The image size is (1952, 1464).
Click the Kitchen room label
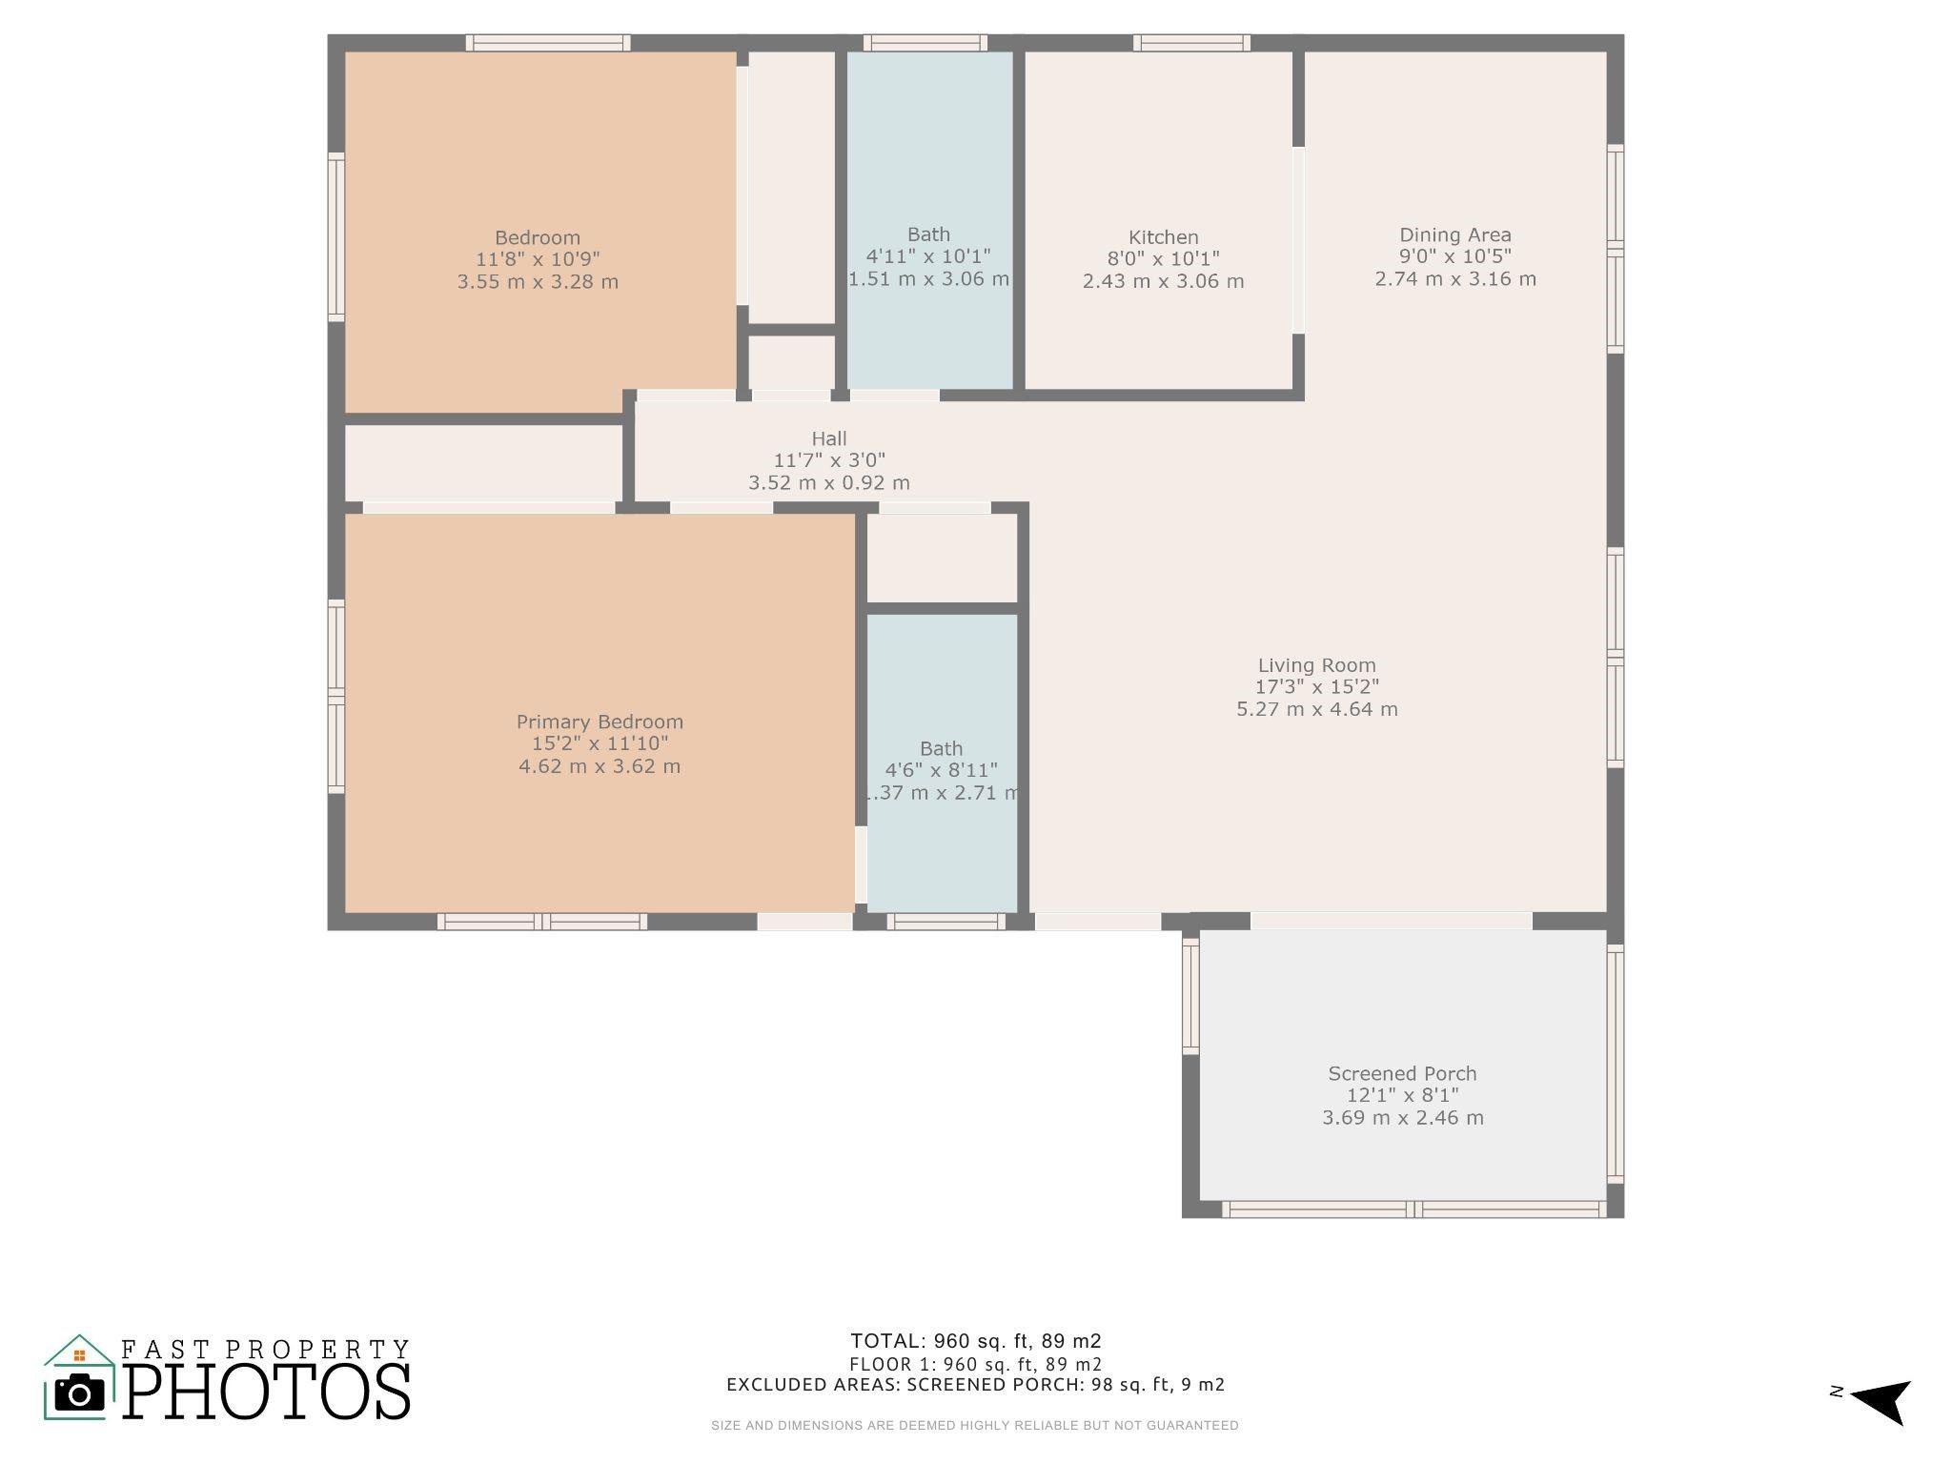pos(1163,237)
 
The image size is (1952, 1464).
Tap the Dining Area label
pos(1455,235)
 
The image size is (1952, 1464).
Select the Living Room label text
pos(1317,665)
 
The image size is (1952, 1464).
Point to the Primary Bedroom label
pos(600,722)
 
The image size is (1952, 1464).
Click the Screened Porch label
pos(1402,1073)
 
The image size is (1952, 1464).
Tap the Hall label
pos(829,438)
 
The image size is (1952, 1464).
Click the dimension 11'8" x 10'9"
pos(538,259)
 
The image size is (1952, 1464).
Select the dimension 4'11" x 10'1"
pos(928,256)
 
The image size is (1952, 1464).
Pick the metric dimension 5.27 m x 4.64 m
pos(1317,709)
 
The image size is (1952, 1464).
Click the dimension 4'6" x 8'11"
pos(942,770)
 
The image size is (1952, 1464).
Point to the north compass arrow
pos(1881,1400)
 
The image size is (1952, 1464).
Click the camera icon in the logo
pos(80,1393)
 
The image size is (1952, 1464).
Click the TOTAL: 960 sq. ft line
pos(976,1341)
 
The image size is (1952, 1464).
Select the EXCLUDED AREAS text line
pos(976,1384)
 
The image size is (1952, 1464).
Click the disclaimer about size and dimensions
pos(975,1426)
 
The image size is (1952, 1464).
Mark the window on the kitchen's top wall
pos(1191,43)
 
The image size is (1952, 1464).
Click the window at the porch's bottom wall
pos(1413,1210)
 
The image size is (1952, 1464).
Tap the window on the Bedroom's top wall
pos(548,43)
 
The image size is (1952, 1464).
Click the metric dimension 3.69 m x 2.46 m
pos(1402,1117)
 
